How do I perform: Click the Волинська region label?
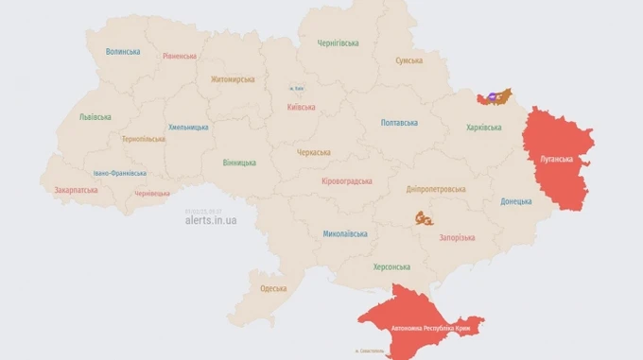click(123, 52)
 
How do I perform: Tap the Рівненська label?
click(180, 57)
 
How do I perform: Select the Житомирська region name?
click(233, 79)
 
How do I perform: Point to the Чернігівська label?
click(338, 43)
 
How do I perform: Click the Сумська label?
click(409, 60)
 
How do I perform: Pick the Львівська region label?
click(95, 117)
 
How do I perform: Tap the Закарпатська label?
click(76, 189)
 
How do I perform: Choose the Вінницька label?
click(239, 163)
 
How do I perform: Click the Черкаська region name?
click(313, 152)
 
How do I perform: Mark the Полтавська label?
click(399, 123)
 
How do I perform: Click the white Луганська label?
click(556, 159)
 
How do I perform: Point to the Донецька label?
click(516, 201)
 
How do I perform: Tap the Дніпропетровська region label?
click(436, 189)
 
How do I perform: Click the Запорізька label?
click(457, 237)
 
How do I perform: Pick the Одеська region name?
click(273, 288)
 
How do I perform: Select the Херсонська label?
click(391, 267)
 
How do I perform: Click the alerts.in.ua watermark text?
click(211, 220)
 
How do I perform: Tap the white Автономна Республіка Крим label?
click(425, 327)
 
